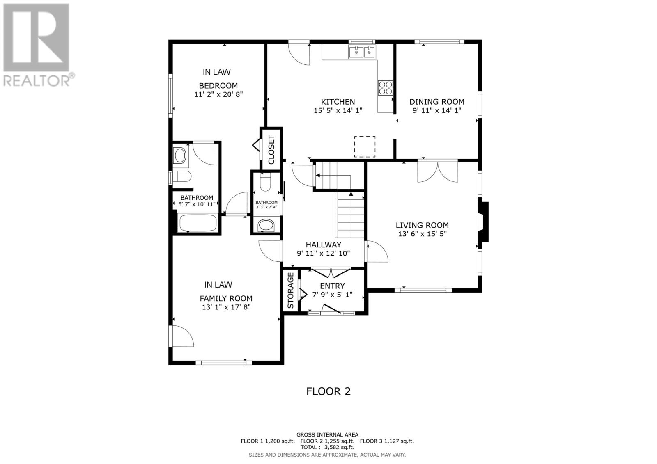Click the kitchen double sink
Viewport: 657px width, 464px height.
point(362,52)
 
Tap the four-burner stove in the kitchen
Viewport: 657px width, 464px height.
point(385,88)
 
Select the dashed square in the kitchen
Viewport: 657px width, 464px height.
point(365,146)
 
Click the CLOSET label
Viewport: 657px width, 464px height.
point(271,149)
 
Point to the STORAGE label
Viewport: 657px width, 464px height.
point(290,290)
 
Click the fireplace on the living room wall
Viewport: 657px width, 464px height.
point(483,222)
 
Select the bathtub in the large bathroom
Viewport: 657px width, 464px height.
point(198,223)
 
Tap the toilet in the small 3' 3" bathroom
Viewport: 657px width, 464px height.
point(265,182)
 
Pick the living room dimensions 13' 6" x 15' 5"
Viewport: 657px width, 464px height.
point(422,234)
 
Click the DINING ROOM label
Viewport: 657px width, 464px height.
point(437,102)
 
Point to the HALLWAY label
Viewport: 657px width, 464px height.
point(324,245)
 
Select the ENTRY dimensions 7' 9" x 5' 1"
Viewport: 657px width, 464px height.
point(332,295)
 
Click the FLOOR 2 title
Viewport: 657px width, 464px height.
point(328,391)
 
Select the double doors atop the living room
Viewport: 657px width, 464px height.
point(438,171)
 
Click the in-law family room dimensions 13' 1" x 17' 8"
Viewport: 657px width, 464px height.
point(226,307)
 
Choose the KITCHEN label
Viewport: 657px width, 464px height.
point(338,102)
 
